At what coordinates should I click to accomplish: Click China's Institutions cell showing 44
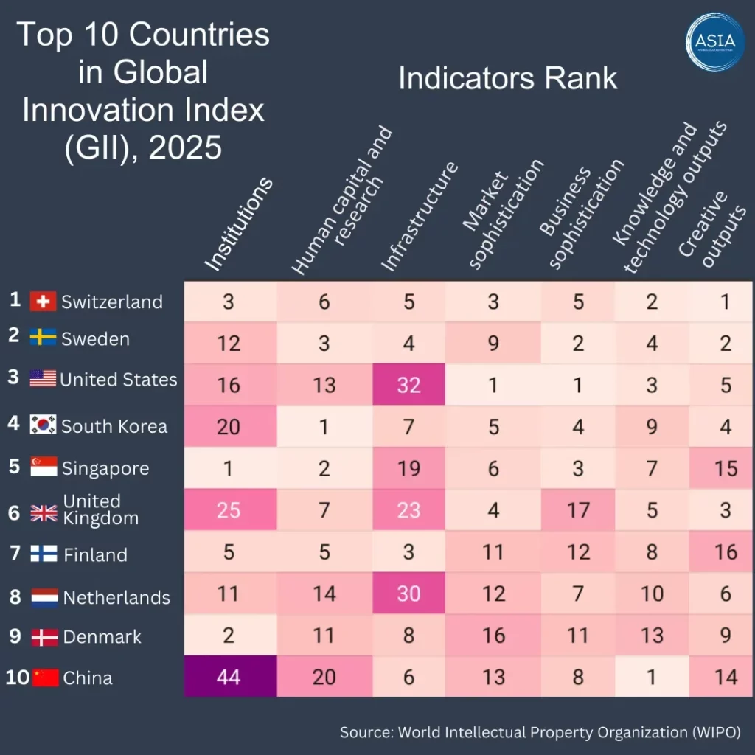(x=229, y=677)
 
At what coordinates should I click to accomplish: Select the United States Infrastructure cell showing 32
(x=409, y=384)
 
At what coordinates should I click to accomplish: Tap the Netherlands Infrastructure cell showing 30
(x=409, y=593)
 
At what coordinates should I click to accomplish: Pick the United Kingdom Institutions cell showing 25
(x=229, y=509)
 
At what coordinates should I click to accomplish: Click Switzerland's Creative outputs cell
(x=726, y=301)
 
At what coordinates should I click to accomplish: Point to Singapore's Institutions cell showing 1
(x=229, y=468)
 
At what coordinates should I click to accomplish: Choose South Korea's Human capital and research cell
(x=324, y=426)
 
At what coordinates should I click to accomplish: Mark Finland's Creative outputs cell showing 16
(x=726, y=552)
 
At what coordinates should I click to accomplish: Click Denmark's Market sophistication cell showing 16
(x=494, y=636)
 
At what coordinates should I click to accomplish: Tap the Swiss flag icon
(x=43, y=302)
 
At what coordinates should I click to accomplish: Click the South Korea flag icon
(x=43, y=425)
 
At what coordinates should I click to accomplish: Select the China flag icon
(x=45, y=678)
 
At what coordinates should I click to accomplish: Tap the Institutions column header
(x=237, y=224)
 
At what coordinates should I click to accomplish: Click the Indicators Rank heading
(x=507, y=78)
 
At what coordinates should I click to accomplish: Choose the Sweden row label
(x=95, y=340)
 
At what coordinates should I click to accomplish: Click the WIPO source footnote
(x=540, y=732)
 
